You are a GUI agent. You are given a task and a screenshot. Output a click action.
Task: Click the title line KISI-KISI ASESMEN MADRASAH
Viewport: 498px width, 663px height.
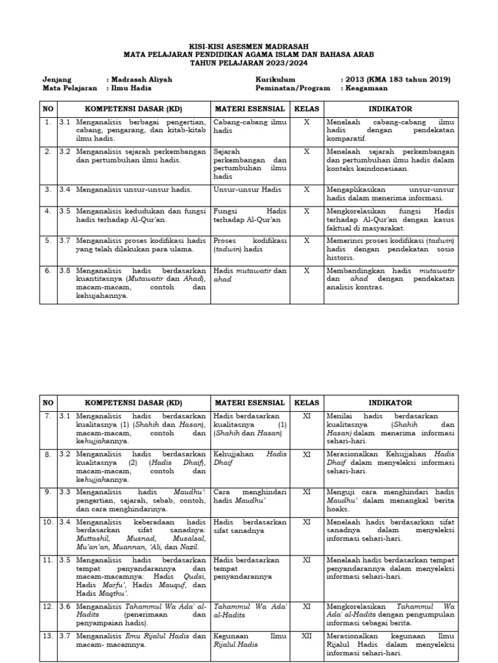pos(249,47)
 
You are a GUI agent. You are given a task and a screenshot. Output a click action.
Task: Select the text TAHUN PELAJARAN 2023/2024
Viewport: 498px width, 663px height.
pos(249,63)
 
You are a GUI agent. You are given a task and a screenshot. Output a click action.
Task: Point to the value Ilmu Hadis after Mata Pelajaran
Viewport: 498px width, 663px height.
pos(130,88)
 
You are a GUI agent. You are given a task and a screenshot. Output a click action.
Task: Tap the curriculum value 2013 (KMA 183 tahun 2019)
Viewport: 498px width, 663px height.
pos(395,80)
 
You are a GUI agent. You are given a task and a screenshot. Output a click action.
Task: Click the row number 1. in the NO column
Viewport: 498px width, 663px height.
pos(47,122)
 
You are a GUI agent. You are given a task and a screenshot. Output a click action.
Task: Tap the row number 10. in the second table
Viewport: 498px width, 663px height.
pos(47,521)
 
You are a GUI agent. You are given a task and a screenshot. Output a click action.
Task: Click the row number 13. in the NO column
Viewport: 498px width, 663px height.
pos(47,636)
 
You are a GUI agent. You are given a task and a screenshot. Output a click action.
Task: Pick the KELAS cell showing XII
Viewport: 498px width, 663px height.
pos(307,636)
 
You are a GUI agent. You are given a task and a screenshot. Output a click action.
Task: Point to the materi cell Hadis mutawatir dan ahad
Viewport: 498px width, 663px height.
pos(250,275)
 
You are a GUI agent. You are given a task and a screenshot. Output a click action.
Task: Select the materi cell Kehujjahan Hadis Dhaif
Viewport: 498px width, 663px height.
pos(250,459)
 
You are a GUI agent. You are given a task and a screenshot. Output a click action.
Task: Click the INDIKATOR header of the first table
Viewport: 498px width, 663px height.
pos(390,109)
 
